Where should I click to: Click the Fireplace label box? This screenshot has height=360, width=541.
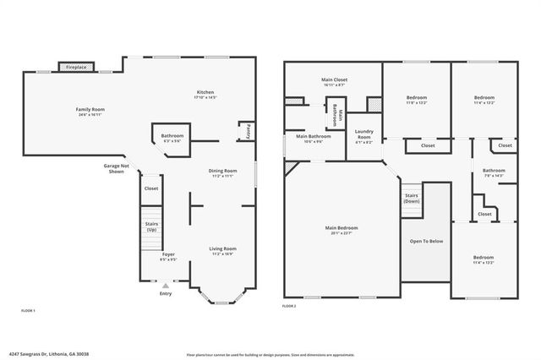pos(76,67)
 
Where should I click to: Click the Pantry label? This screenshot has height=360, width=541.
pos(248,133)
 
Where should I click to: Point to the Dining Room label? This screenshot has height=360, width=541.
pos(222,172)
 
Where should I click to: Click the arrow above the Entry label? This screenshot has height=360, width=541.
pos(166,286)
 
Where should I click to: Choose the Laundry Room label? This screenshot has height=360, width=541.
pos(364,134)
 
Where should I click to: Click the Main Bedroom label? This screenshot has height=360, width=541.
pos(342,229)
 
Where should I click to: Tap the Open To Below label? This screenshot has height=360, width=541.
pos(427,241)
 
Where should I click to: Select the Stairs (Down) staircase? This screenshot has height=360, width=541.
pos(411,199)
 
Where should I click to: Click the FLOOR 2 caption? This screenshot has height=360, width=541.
pos(289,306)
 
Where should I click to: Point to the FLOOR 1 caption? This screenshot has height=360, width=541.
pos(28,311)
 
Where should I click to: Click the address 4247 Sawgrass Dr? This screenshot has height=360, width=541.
pos(48,354)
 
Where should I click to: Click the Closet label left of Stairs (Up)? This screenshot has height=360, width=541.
pos(151,188)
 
